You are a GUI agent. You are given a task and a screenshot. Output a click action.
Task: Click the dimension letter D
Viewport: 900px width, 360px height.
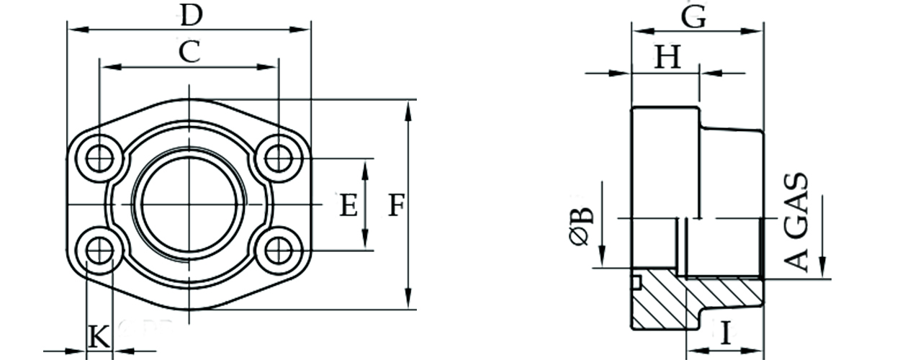190,14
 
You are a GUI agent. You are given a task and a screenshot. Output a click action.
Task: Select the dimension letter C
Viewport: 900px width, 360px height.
189,52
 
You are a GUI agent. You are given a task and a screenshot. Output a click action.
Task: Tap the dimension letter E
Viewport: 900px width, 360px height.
348,206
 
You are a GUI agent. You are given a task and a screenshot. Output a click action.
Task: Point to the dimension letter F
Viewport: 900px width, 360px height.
395,206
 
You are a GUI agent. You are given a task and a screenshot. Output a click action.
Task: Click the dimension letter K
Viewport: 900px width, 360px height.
99,336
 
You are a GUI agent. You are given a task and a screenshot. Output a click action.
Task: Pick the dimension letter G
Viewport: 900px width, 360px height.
693,17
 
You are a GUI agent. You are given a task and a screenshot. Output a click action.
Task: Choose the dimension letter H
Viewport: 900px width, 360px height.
667,58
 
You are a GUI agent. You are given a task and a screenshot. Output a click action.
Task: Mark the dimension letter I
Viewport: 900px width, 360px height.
726,333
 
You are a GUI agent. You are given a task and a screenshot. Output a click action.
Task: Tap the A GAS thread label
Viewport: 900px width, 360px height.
797,222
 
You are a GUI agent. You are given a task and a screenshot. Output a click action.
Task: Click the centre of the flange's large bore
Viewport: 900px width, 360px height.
189,204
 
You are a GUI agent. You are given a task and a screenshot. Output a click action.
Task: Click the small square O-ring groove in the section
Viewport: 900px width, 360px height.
636,282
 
